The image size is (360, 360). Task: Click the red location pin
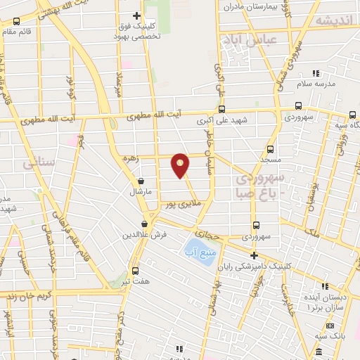(x=181, y=166)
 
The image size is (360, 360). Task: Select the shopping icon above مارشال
(x=141, y=181)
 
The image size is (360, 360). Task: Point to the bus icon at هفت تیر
(x=135, y=271)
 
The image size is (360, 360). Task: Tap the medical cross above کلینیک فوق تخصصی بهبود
(x=136, y=15)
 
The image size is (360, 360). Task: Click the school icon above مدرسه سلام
(x=316, y=72)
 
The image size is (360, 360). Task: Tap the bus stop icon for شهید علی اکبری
(x=221, y=109)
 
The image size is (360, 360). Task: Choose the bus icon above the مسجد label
(x=271, y=150)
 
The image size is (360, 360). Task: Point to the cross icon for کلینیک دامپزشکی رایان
(x=254, y=255)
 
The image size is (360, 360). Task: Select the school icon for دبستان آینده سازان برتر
(x=325, y=286)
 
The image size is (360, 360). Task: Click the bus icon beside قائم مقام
(x=16, y=21)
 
